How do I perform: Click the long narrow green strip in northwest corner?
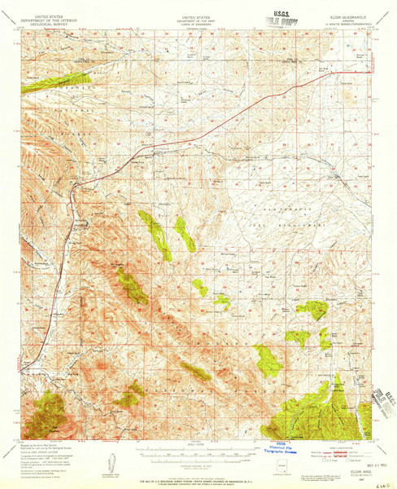[x=57, y=79]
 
